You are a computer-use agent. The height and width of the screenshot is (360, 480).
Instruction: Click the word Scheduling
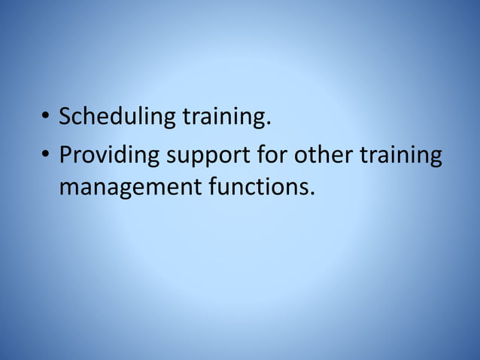click(x=118, y=117)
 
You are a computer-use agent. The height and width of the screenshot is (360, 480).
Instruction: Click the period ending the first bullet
click(x=268, y=124)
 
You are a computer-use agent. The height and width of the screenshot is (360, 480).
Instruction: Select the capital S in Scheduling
click(x=65, y=117)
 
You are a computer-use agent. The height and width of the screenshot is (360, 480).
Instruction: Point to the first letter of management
click(x=68, y=187)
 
